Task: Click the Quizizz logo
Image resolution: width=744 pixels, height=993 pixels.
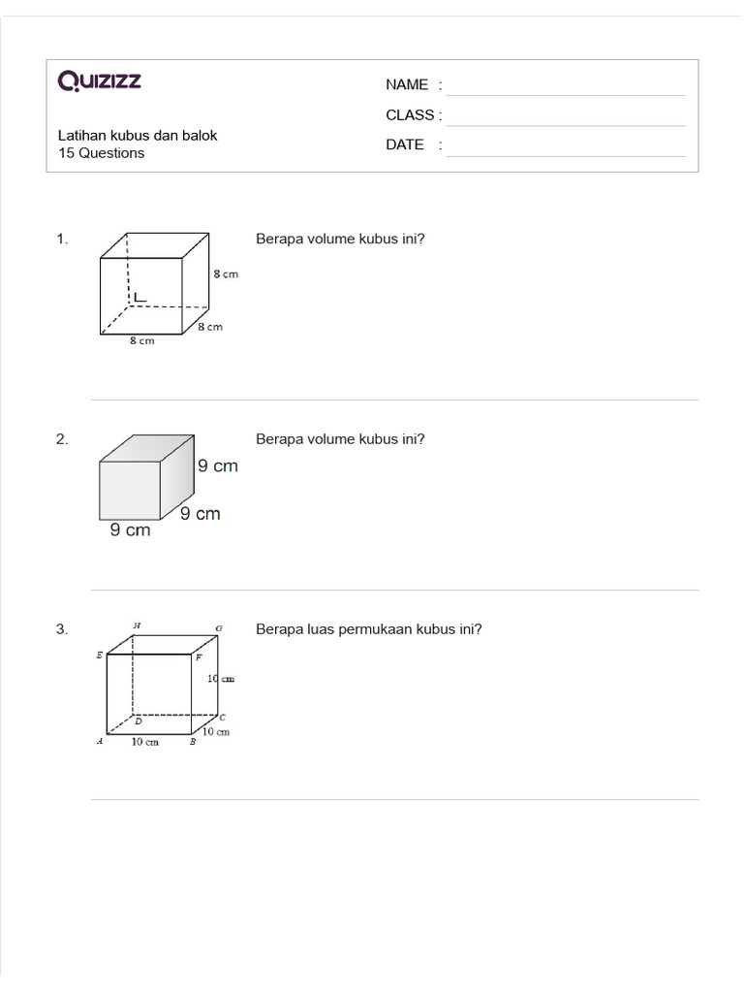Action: [x=100, y=80]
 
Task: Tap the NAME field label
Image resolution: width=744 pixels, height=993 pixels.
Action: [x=407, y=84]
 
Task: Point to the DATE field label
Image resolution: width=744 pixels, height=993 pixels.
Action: [x=405, y=144]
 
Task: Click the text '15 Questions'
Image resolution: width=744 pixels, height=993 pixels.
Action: [x=101, y=153]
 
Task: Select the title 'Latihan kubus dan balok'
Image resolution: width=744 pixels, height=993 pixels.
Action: [x=138, y=136]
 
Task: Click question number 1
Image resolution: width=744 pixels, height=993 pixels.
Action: [x=62, y=239]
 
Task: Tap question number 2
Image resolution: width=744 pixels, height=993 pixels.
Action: [x=62, y=438]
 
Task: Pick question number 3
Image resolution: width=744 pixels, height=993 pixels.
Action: [x=62, y=628]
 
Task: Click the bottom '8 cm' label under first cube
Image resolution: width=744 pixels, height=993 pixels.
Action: [x=141, y=341]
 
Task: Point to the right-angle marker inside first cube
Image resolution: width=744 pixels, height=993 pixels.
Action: [x=139, y=297]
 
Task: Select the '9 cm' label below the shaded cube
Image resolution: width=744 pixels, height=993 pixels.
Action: [x=130, y=530]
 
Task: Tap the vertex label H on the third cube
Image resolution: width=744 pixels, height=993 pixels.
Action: [x=137, y=625]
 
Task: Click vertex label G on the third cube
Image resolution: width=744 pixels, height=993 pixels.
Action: [x=219, y=628]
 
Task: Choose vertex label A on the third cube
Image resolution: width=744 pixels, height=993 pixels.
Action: [x=99, y=742]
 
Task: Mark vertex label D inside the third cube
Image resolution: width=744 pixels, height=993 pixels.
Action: [x=138, y=721]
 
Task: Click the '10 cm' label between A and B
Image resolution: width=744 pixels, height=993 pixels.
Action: [x=145, y=742]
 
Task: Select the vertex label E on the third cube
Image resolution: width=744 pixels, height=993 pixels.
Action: [x=99, y=656]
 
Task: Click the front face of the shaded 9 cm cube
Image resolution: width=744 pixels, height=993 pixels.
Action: [x=130, y=491]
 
